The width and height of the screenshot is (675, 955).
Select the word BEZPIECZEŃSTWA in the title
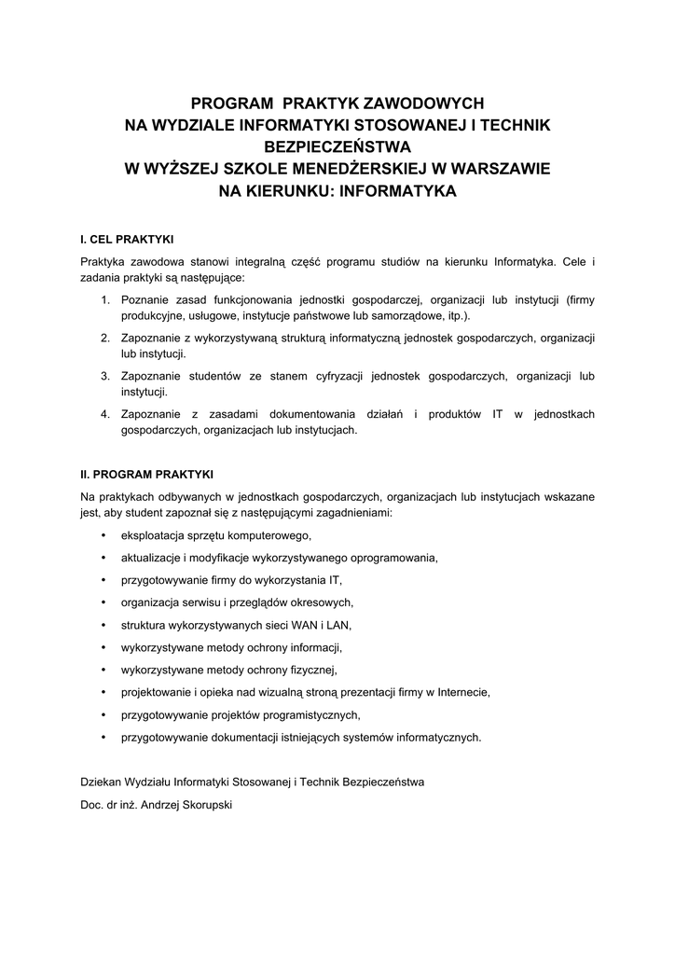tap(337, 146)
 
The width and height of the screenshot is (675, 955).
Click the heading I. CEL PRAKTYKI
tap(127, 239)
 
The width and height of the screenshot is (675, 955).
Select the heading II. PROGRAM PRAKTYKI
tap(147, 473)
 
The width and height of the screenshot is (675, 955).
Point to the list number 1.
tap(105, 299)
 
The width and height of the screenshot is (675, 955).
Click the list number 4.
tap(105, 414)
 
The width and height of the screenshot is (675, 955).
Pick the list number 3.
tap(105, 376)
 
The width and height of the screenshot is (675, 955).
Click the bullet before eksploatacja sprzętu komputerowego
tap(103, 535)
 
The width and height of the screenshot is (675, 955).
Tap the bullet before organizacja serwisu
tap(103, 602)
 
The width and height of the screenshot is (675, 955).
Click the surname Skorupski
tap(208, 805)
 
